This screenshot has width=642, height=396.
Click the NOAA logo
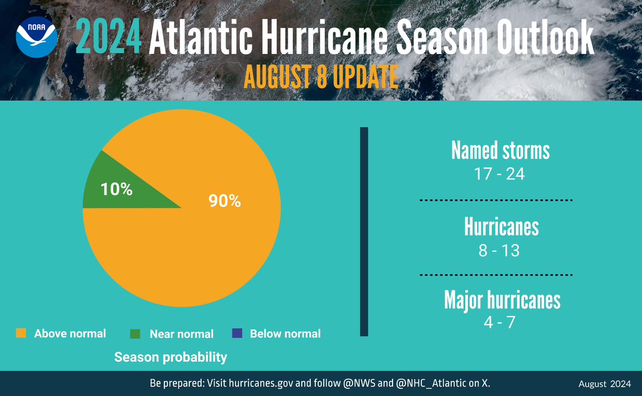coord(36,37)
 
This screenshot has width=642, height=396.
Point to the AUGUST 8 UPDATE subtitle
coord(320,76)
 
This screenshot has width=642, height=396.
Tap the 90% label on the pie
coord(225,201)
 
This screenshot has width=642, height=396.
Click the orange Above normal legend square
coord(21,333)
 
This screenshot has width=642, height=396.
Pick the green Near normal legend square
coord(135,334)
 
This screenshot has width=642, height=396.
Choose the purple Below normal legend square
coord(237,333)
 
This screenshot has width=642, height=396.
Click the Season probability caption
coord(171,357)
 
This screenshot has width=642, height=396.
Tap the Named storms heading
coord(500,151)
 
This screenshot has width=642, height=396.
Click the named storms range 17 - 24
coord(500,174)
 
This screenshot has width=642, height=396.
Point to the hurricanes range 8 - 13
coord(499,250)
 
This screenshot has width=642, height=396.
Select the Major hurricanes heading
coord(502,300)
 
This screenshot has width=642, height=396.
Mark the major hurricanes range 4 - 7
coord(499,323)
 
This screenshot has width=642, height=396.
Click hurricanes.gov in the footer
coord(260,384)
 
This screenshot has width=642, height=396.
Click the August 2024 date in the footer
coord(604,384)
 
